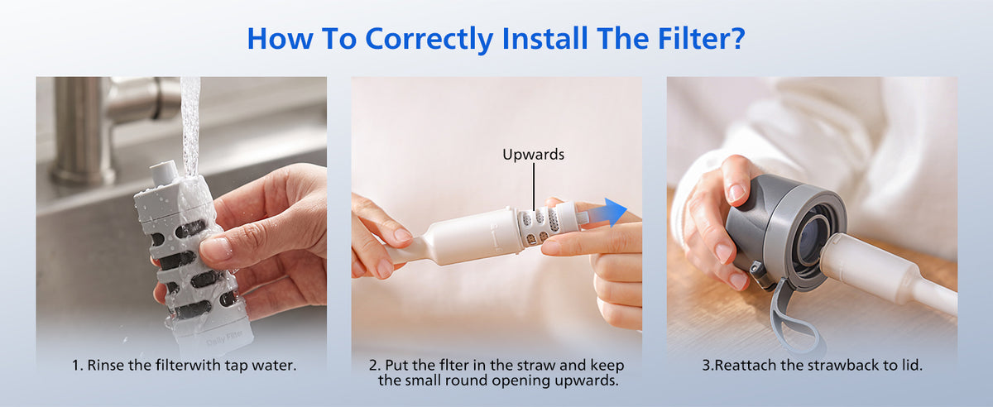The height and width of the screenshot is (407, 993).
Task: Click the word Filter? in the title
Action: click(x=702, y=38)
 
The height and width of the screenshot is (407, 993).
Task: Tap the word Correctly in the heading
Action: click(x=429, y=40)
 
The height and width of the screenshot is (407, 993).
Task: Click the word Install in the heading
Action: click(x=545, y=38)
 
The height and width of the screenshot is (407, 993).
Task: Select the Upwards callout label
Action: click(x=533, y=155)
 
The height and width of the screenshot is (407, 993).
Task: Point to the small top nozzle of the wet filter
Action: click(x=163, y=173)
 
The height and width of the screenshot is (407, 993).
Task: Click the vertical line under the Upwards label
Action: click(x=534, y=186)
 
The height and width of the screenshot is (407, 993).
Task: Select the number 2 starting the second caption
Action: click(x=374, y=365)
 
